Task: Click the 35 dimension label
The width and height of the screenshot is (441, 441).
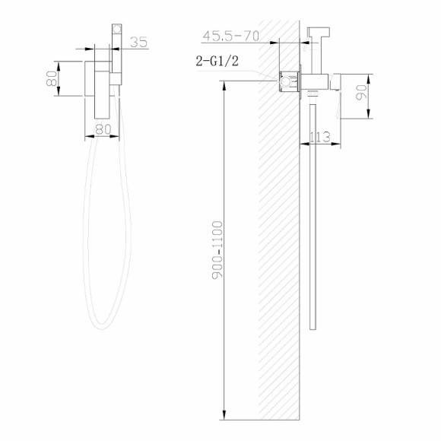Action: click(138, 43)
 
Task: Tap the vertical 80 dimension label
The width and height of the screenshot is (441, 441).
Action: click(52, 78)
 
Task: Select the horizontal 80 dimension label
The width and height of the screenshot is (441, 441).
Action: click(103, 130)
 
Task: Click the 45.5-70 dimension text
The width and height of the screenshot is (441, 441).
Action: click(230, 36)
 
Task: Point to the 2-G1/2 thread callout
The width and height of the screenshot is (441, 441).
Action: click(217, 61)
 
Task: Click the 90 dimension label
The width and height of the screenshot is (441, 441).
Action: click(361, 93)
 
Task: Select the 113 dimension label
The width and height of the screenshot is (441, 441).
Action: click(320, 137)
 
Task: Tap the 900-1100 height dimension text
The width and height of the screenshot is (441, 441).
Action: click(217, 250)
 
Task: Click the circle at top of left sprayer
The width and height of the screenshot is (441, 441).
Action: click(117, 29)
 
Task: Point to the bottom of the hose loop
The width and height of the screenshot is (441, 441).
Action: click(102, 328)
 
